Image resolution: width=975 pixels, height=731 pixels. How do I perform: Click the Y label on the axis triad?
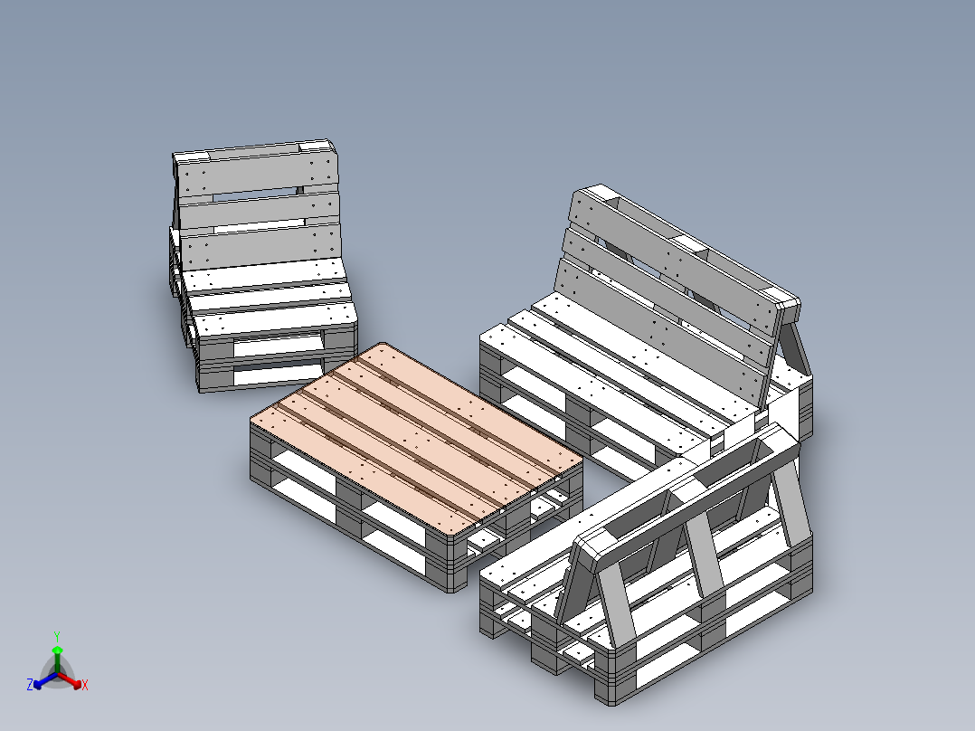(x=57, y=635)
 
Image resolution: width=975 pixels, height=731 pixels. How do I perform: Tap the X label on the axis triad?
(x=85, y=686)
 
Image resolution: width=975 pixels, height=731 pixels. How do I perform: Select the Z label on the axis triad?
(x=30, y=685)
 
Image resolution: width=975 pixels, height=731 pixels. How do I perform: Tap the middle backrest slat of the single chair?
(x=259, y=209)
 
